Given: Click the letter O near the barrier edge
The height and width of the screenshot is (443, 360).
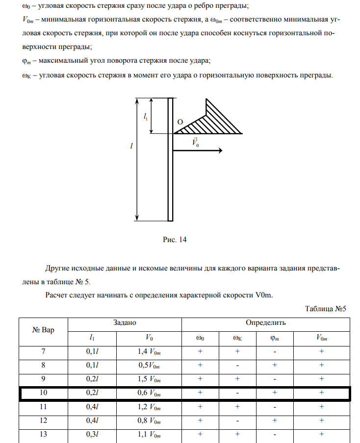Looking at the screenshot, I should tap(180, 122).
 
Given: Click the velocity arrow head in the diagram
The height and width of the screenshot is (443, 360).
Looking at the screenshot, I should tap(219, 150).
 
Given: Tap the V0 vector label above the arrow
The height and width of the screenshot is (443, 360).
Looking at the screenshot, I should tap(196, 143).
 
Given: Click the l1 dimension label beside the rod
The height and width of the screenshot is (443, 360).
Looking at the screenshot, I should tap(146, 116).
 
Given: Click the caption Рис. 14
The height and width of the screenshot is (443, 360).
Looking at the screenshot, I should tap(175, 240).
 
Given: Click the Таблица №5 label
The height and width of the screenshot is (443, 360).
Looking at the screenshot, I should tap(326, 309).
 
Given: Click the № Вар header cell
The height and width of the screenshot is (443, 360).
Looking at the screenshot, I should tap(43, 330).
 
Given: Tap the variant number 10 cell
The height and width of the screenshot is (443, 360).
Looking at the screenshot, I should tap(43, 394).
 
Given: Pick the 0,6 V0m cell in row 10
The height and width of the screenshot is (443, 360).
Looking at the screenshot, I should tap(149, 394).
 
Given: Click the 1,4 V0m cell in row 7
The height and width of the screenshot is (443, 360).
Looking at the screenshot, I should tap(149, 351).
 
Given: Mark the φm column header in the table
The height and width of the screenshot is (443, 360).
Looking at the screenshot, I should tap(275, 338).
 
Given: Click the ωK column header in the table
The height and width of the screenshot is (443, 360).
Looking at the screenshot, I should tap(237, 338).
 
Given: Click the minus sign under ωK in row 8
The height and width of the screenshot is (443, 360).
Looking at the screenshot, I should tap(237, 365).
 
